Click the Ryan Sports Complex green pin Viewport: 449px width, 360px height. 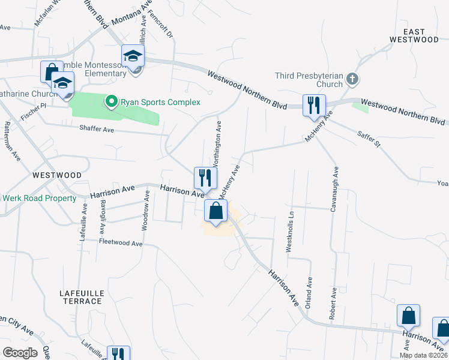click(x=111, y=102)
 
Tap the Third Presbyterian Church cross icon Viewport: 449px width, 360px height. click(x=353, y=79)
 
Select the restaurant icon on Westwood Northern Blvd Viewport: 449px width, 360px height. click(x=314, y=106)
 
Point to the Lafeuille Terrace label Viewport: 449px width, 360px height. click(x=82, y=296)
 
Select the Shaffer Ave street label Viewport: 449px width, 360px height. click(x=97, y=129)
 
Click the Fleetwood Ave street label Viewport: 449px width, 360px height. click(x=120, y=244)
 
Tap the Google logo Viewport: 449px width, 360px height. click(x=19, y=353)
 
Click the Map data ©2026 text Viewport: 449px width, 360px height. click(x=423, y=355)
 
